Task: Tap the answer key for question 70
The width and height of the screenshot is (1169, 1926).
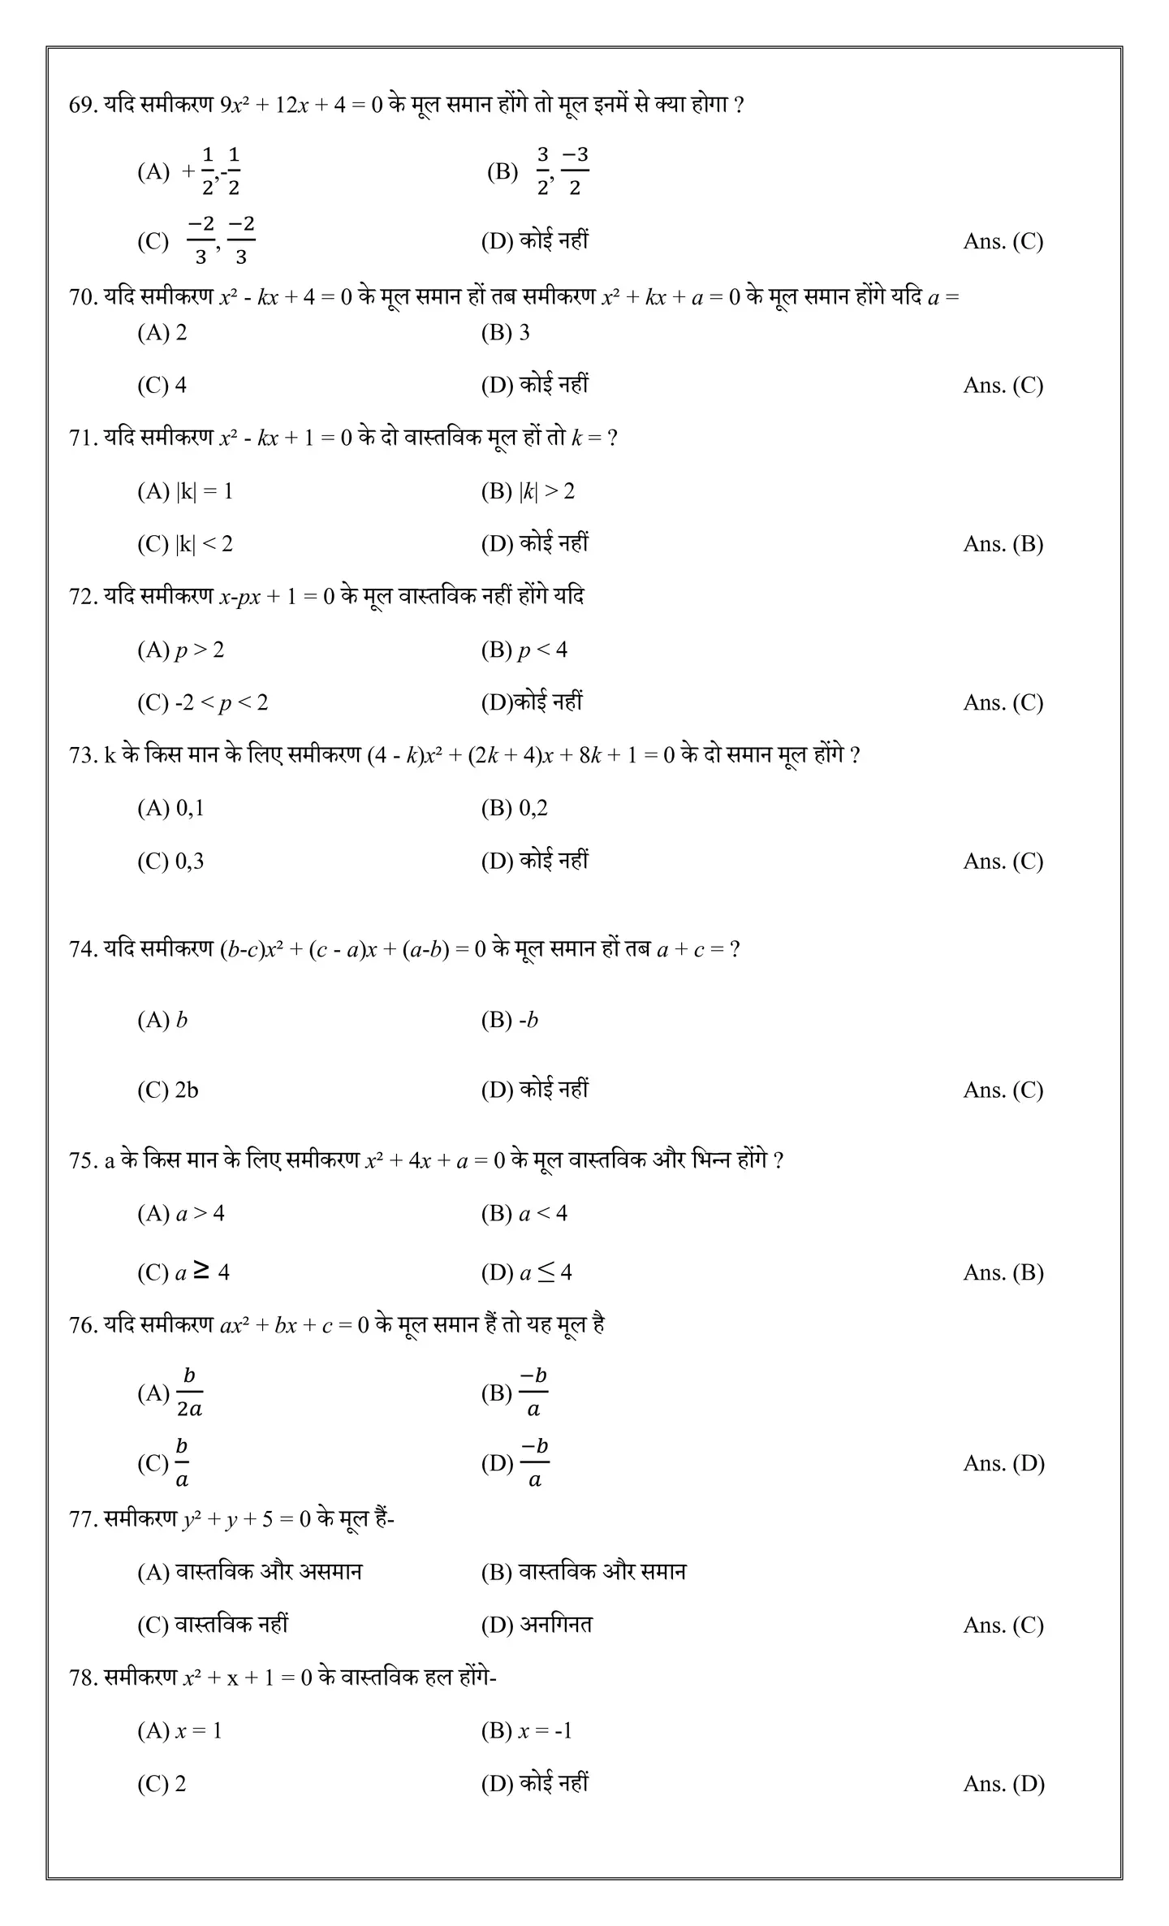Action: tap(1003, 386)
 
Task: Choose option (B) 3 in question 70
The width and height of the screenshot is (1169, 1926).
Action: tap(505, 333)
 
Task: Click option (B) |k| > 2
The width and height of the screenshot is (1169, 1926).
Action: tap(528, 492)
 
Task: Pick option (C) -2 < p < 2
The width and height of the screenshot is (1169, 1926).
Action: tap(202, 703)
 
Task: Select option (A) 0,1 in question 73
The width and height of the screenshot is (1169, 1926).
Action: tap(170, 809)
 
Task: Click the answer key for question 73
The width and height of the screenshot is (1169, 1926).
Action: tap(1003, 862)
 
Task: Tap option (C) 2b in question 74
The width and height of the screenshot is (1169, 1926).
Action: tap(167, 1090)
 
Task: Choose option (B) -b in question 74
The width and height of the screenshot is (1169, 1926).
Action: tap(510, 1021)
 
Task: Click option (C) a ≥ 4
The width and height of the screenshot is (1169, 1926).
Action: tap(183, 1272)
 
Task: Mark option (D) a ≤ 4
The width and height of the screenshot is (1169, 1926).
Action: tap(527, 1272)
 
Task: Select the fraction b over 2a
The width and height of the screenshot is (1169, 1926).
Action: tap(189, 1393)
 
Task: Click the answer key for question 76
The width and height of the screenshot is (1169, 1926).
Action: tap(1003, 1464)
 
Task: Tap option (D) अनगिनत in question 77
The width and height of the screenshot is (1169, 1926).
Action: tap(537, 1626)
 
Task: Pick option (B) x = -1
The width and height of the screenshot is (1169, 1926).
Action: tap(527, 1732)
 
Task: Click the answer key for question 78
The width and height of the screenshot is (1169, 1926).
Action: tap(1003, 1785)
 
